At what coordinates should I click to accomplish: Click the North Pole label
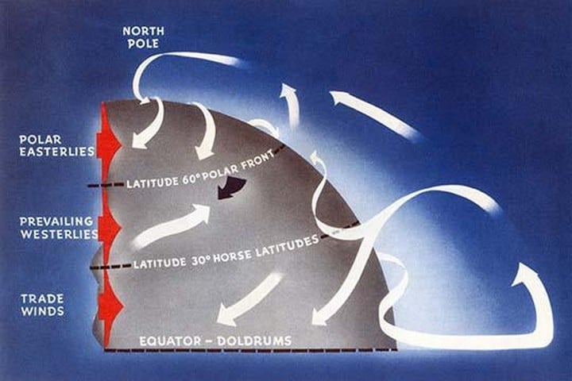pyautogui.click(x=142, y=37)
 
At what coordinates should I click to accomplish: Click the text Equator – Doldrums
pyautogui.click(x=215, y=341)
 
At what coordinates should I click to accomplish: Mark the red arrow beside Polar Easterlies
pyautogui.click(x=106, y=144)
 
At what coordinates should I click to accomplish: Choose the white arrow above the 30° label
pyautogui.click(x=171, y=226)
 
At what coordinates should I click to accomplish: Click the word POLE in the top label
pyautogui.click(x=142, y=43)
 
